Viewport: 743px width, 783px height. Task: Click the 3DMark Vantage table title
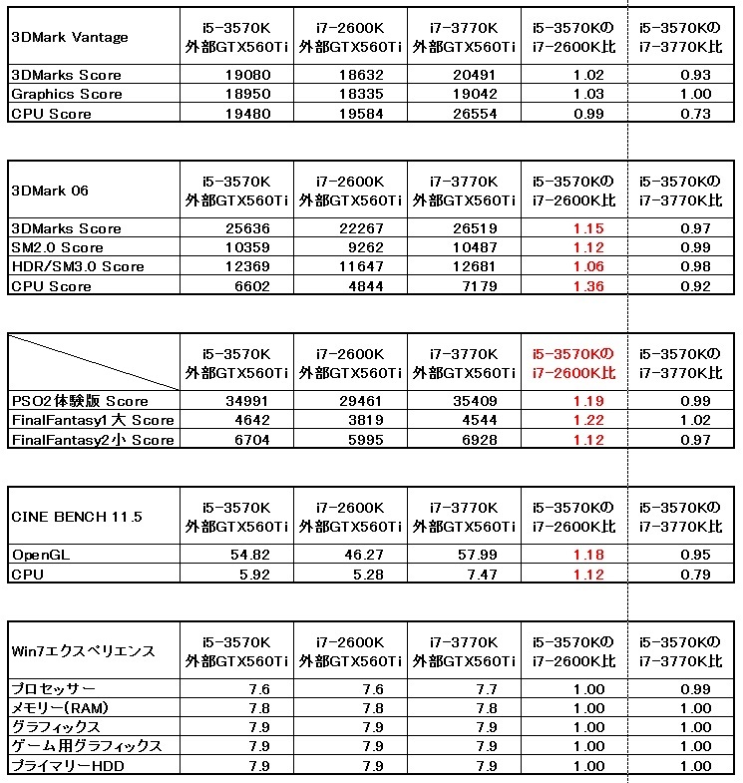[x=69, y=38]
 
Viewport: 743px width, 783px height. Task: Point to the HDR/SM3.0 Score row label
[x=78, y=266]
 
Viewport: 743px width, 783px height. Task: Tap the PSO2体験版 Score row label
[x=80, y=401]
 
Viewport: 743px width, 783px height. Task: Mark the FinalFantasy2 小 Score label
[x=93, y=440]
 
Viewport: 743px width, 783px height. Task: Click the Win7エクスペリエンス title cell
[x=83, y=651]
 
